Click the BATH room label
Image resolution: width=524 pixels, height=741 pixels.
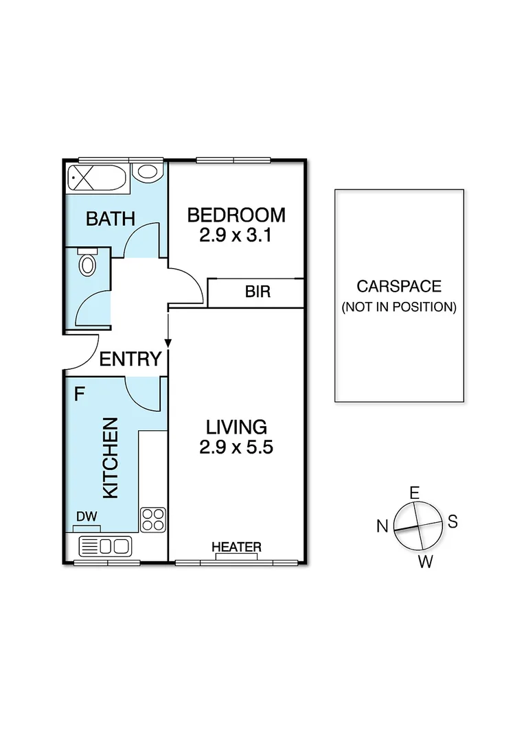click(x=110, y=219)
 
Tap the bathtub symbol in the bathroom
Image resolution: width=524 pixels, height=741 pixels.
click(x=96, y=178)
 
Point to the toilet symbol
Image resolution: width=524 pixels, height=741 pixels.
click(x=87, y=262)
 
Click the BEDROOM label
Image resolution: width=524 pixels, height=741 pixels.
click(x=236, y=215)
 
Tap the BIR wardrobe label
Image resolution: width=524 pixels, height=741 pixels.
click(x=258, y=292)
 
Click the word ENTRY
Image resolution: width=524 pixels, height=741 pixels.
click(x=130, y=359)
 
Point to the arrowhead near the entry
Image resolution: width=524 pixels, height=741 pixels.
click(x=168, y=341)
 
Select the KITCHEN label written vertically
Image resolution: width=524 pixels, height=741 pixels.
click(x=111, y=458)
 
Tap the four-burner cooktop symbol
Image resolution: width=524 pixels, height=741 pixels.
click(x=152, y=519)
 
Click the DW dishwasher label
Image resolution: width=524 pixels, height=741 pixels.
click(x=86, y=517)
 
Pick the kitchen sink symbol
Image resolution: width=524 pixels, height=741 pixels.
click(x=105, y=547)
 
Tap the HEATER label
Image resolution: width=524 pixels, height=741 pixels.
click(x=236, y=547)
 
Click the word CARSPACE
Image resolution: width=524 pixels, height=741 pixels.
click(x=398, y=286)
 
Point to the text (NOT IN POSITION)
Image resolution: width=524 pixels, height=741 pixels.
click(x=398, y=307)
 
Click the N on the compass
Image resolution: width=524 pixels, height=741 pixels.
click(x=382, y=526)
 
